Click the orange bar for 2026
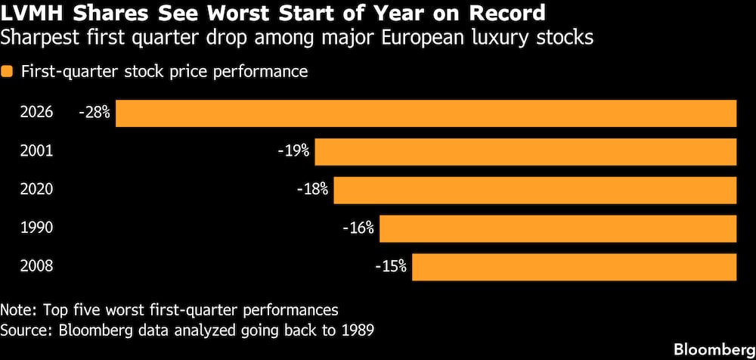point(426,113)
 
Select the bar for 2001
point(525,151)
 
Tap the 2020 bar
point(535,190)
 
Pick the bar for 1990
point(558,228)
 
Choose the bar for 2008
point(574,267)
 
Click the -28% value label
point(94,113)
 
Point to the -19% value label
point(294,151)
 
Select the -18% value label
point(313,190)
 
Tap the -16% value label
point(358,228)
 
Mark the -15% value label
point(391,267)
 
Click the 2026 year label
point(38,113)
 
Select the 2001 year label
point(38,151)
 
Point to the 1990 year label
point(38,228)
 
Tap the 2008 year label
point(38,267)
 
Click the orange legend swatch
point(8,73)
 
